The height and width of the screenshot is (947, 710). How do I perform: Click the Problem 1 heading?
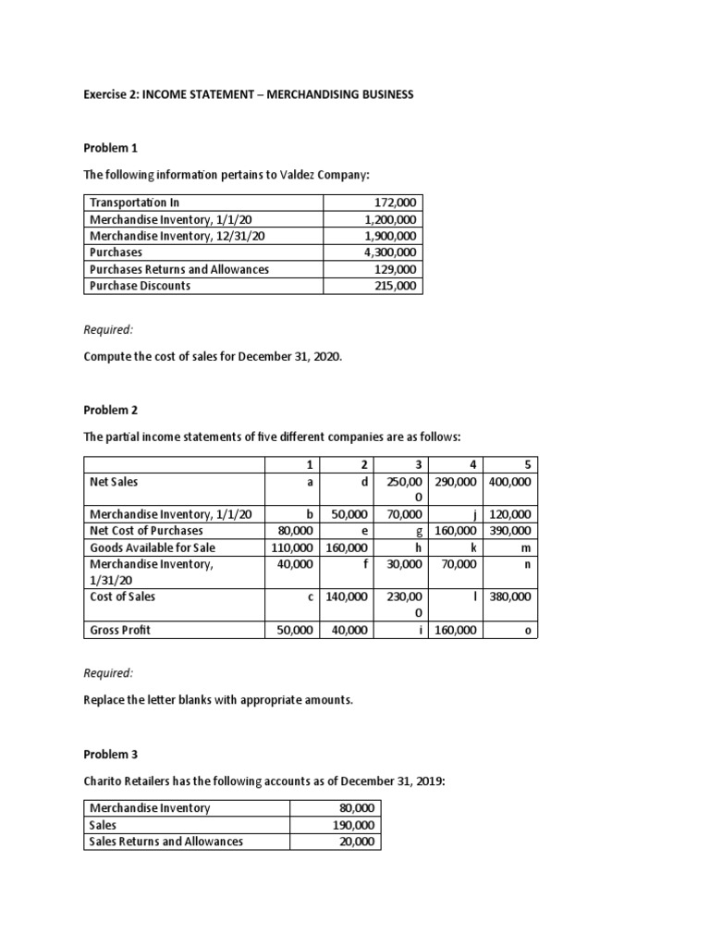point(110,148)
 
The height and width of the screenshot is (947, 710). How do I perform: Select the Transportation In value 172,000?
point(396,203)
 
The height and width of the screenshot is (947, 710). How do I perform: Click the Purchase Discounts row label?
point(140,286)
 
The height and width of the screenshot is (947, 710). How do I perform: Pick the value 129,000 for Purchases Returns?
point(396,269)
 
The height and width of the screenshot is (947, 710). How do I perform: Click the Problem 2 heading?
point(110,409)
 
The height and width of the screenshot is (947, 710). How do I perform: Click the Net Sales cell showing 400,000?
point(509,482)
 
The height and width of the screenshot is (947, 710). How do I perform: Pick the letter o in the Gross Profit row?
point(527,630)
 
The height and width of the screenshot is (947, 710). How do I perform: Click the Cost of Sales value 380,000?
point(509,597)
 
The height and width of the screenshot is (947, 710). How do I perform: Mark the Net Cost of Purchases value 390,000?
point(509,531)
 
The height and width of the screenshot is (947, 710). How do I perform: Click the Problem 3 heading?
point(110,755)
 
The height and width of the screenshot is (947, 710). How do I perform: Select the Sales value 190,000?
point(356,825)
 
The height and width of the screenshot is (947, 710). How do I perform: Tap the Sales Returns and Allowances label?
point(165,842)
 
